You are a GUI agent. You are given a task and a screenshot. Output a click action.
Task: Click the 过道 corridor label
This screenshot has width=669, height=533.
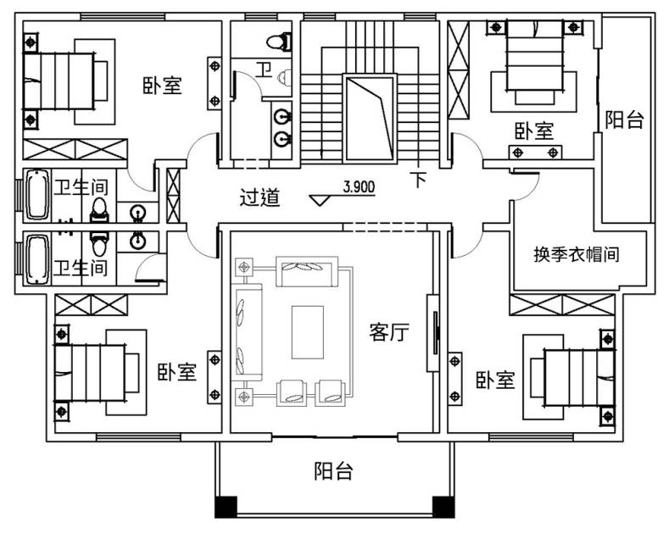[x=259, y=197]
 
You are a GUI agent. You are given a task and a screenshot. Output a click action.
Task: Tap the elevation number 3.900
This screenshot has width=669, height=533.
[x=359, y=186]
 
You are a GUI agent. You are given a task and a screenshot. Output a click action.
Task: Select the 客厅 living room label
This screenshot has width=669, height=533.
[x=389, y=331]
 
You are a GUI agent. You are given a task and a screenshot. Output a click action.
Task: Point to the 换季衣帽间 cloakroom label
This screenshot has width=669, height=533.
[x=576, y=254]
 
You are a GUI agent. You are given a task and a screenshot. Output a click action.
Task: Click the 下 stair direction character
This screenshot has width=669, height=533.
[x=419, y=180]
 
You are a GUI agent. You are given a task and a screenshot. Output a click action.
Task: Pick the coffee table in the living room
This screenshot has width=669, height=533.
[x=308, y=332]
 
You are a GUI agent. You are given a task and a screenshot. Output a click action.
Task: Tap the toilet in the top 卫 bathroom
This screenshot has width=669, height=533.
[x=280, y=42]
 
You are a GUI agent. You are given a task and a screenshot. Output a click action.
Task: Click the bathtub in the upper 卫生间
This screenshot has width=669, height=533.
[x=37, y=194]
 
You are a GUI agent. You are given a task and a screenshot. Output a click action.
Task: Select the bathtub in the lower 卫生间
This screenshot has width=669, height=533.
[x=37, y=259]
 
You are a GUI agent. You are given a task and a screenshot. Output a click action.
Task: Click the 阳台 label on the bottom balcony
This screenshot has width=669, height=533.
[x=333, y=471]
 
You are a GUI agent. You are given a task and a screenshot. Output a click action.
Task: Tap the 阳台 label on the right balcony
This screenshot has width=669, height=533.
[x=624, y=119]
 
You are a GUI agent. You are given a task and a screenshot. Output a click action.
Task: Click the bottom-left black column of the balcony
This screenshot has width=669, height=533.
[x=226, y=507]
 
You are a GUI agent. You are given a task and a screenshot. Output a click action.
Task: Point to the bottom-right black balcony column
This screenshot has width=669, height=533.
[x=443, y=507]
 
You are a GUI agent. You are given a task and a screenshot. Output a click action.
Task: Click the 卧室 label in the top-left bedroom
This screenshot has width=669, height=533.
[x=162, y=86]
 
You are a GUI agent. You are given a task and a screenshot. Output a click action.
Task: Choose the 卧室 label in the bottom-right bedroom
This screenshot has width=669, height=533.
[x=495, y=380]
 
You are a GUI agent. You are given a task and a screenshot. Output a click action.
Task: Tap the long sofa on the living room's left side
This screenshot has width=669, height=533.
[x=247, y=331]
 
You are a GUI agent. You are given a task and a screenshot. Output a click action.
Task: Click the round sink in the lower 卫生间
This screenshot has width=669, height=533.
[x=137, y=241]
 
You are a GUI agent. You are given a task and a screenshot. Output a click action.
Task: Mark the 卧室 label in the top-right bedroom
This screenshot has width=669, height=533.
[x=533, y=130]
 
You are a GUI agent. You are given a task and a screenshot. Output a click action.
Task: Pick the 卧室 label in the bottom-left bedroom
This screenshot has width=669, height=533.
[x=177, y=371]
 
